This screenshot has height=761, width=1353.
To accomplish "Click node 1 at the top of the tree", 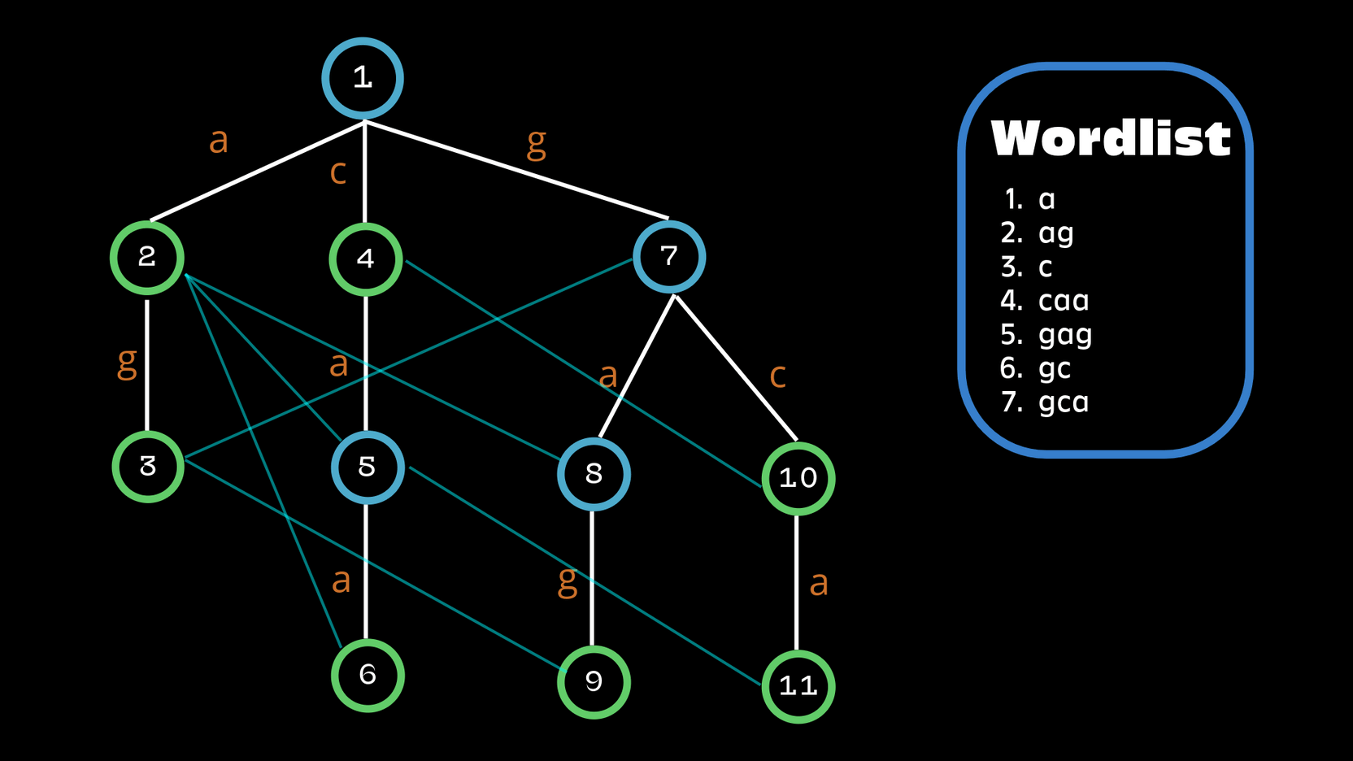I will (x=363, y=78).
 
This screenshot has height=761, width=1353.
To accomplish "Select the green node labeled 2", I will (x=147, y=258).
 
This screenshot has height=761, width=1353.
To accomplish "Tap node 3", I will (x=148, y=467).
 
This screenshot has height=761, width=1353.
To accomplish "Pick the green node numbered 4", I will (x=366, y=259).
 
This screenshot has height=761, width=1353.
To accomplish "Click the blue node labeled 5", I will (x=368, y=467).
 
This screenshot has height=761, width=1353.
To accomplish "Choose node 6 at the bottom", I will (x=368, y=675).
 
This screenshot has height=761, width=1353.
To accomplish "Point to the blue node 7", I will (x=669, y=257).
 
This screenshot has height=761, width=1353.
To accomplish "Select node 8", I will (x=594, y=474).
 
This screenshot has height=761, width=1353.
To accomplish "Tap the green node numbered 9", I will (x=594, y=681).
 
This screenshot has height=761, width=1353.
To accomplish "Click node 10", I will (x=798, y=478).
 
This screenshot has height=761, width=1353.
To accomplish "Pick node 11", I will (x=798, y=686).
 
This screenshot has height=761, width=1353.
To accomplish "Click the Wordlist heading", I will (x=1111, y=138).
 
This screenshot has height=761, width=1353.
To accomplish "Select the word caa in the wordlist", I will (x=1064, y=301).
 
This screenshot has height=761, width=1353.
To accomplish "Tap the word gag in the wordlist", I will (x=1065, y=335).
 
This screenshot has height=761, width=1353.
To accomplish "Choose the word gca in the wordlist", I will (x=1064, y=402).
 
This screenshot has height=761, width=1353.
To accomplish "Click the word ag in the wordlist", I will (x=1056, y=233).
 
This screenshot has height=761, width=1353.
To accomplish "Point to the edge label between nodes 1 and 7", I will (x=536, y=143).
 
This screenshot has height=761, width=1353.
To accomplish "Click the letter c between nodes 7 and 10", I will (x=777, y=375).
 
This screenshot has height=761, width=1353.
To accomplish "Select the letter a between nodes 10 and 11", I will (x=819, y=583).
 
